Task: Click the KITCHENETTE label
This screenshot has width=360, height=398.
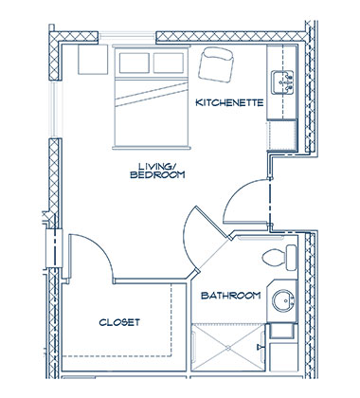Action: click(x=229, y=102)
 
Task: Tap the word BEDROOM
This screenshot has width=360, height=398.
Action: click(x=157, y=174)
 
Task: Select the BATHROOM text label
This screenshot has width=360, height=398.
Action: click(x=231, y=296)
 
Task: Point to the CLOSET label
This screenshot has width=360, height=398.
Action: click(x=119, y=322)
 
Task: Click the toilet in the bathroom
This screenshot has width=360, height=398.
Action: click(x=279, y=257)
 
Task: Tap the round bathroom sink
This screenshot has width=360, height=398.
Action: click(x=283, y=300)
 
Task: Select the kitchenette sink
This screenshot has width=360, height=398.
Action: click(x=282, y=82)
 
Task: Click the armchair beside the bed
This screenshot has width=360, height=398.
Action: click(x=216, y=64)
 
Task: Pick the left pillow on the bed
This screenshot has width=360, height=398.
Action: click(x=135, y=63)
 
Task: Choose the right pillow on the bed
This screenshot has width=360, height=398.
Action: click(x=169, y=63)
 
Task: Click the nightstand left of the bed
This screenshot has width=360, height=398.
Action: click(x=93, y=60)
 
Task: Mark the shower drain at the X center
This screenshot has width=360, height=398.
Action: click(x=228, y=348)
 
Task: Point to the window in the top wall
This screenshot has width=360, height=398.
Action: click(x=127, y=37)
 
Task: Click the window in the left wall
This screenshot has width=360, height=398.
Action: click(x=56, y=109)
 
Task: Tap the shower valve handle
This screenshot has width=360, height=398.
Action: click(x=261, y=347)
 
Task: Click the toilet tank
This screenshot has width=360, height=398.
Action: click(x=292, y=258)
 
